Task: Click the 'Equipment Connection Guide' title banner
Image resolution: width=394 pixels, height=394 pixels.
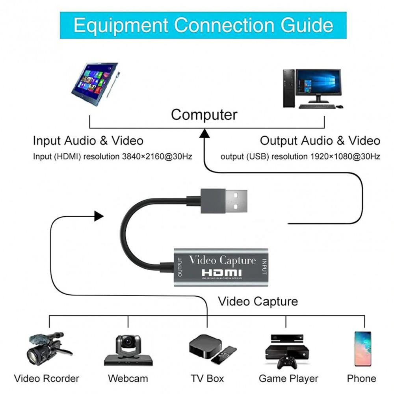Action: click(203, 25)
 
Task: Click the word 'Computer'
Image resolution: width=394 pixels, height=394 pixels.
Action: click(204, 115)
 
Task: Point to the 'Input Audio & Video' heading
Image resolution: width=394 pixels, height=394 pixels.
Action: click(88, 141)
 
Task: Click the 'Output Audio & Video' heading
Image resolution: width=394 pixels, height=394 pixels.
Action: click(320, 141)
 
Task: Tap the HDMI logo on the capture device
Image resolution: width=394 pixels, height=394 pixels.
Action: click(222, 273)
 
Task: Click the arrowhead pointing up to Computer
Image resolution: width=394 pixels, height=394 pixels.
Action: click(204, 134)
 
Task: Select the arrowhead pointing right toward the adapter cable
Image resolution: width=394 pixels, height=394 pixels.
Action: click(98, 216)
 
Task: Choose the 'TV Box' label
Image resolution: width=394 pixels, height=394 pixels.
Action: click(207, 379)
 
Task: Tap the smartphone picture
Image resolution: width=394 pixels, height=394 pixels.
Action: click(362, 349)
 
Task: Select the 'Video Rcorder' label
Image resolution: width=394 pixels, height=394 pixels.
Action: click(46, 379)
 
